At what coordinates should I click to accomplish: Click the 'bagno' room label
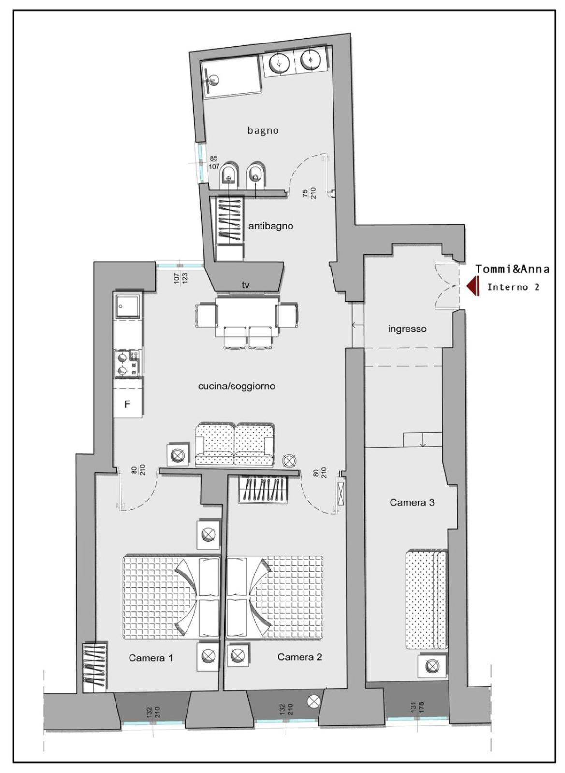(262, 131)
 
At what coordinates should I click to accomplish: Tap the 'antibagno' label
(271, 226)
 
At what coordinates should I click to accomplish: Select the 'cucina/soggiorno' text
(237, 386)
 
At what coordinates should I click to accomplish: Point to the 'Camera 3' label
(412, 502)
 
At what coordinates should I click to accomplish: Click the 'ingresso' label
(407, 329)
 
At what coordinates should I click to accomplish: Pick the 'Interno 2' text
(513, 287)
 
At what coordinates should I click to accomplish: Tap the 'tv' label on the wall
(246, 285)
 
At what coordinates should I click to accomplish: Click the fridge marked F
(128, 403)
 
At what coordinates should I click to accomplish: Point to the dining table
(247, 316)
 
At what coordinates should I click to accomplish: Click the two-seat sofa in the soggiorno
(235, 445)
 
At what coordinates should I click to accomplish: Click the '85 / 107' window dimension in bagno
(214, 162)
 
